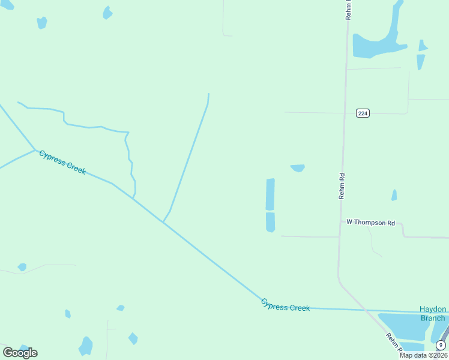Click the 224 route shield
[362, 113]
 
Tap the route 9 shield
[441, 344]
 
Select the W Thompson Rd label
[371, 223]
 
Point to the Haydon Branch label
[432, 314]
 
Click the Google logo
[20, 352]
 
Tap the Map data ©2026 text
[423, 355]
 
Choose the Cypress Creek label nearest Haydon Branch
[285, 305]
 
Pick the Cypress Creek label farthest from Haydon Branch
[62, 163]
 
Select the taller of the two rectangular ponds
[270, 194]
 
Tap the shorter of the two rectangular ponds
[270, 222]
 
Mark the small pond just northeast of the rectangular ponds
[298, 168]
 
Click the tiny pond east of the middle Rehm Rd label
[394, 195]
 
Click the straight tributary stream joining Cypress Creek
[189, 156]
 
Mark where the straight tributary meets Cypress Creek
[163, 221]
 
